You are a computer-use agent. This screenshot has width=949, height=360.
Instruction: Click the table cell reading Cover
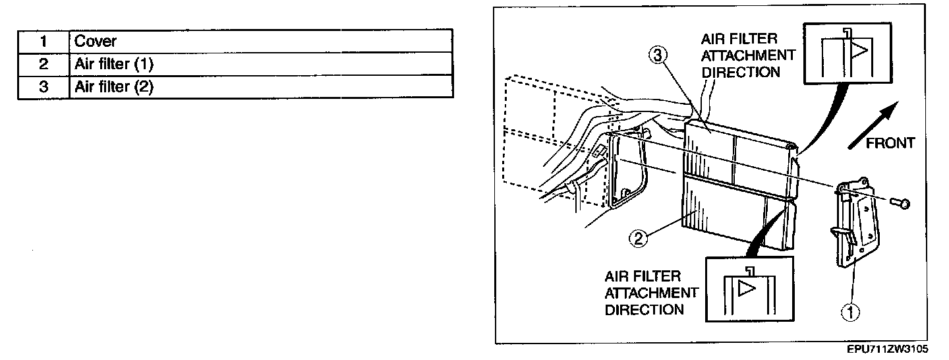tap(260, 41)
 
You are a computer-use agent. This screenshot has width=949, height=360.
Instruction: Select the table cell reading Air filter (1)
tap(260, 64)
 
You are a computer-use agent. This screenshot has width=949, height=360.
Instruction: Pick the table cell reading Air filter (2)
tap(260, 87)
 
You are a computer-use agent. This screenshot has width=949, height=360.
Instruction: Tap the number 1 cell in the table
tap(43, 41)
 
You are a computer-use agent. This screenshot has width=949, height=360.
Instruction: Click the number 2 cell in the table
tap(43, 64)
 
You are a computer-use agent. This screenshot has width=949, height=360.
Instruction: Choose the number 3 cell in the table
tap(43, 87)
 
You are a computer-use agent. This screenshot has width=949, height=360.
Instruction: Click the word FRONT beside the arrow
tap(890, 143)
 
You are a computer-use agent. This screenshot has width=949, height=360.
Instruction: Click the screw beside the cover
tap(899, 203)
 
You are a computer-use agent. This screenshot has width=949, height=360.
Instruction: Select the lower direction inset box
tap(749, 288)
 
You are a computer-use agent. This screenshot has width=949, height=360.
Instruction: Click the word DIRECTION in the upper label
tap(741, 71)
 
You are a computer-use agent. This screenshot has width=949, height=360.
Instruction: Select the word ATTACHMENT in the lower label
tap(651, 292)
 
